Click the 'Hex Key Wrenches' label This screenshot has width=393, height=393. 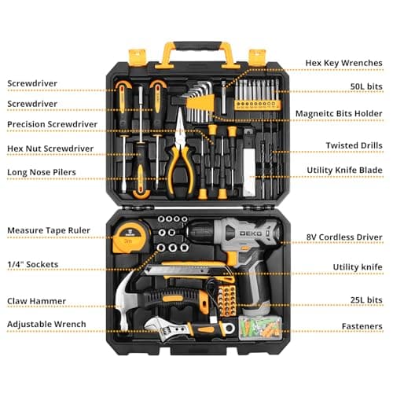[343, 63]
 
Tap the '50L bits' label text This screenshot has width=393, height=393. [366, 86]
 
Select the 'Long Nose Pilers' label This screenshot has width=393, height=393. [42, 172]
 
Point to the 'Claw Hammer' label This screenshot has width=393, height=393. [36, 301]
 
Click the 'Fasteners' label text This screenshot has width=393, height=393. [362, 326]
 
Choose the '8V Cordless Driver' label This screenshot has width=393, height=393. [344, 237]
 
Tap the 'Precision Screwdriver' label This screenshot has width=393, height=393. [52, 124]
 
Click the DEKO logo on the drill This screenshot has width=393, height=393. [250, 233]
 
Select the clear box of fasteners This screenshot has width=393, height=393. [260, 328]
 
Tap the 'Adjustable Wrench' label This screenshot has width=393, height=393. [46, 325]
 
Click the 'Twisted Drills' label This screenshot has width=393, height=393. [354, 145]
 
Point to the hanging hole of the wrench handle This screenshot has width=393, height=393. [230, 329]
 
